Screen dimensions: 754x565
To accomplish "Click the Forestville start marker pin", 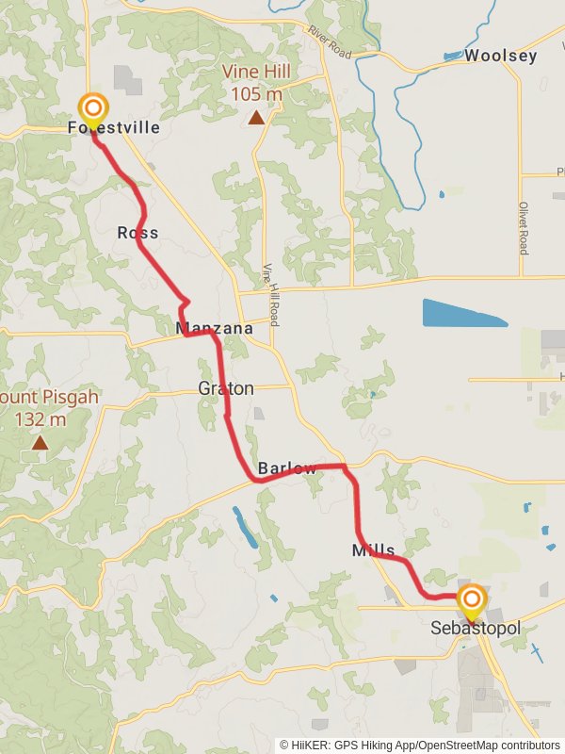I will [x=92, y=108].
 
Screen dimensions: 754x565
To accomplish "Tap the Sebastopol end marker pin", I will [x=472, y=600].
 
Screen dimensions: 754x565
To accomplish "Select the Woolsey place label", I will [x=501, y=56].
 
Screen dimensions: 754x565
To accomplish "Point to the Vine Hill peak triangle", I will [x=255, y=118].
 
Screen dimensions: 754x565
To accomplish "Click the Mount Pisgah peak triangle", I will [x=40, y=441].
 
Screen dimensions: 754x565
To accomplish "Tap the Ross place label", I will [x=137, y=233].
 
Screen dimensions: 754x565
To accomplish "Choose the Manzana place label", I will [x=215, y=329].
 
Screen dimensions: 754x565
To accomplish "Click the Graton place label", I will [x=226, y=388].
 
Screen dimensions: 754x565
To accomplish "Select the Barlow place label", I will [x=285, y=468].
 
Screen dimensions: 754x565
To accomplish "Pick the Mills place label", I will [x=374, y=550].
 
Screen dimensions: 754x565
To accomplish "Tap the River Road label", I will [x=329, y=42].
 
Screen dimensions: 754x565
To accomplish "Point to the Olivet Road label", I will [x=523, y=226].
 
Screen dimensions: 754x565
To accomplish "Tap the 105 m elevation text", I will [x=255, y=94].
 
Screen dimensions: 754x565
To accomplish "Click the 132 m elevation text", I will [x=40, y=419].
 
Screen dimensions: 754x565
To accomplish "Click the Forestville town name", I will [x=114, y=127].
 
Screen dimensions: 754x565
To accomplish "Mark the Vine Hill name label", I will [x=255, y=72].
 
